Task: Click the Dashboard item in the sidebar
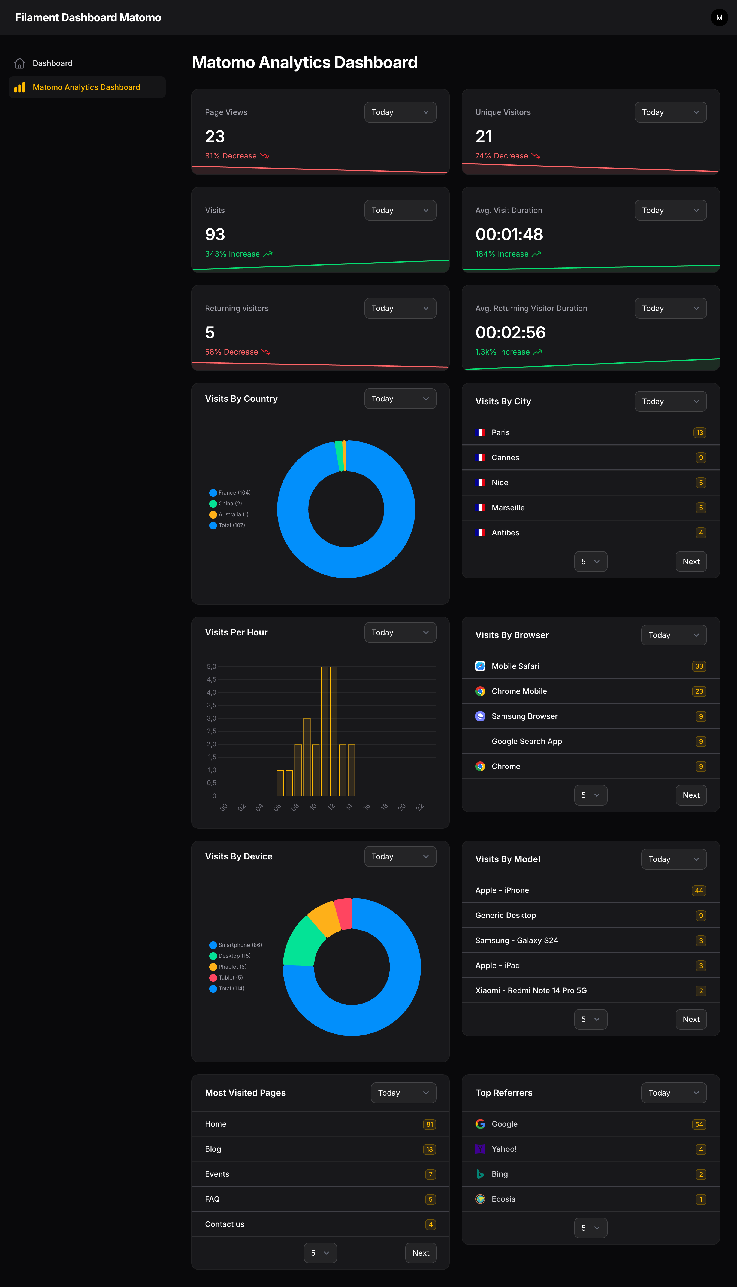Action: click(x=52, y=63)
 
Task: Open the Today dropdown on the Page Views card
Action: click(x=400, y=112)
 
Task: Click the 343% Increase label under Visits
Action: click(x=232, y=254)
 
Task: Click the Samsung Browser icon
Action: click(x=480, y=716)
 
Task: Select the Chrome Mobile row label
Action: click(x=519, y=691)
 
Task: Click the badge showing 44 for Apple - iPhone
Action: click(x=699, y=890)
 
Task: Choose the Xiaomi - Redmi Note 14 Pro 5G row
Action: click(x=530, y=991)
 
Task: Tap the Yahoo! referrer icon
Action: click(x=480, y=1149)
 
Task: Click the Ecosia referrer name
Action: click(x=503, y=1199)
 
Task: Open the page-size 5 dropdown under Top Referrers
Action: click(x=590, y=1228)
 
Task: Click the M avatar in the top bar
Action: click(x=719, y=18)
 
